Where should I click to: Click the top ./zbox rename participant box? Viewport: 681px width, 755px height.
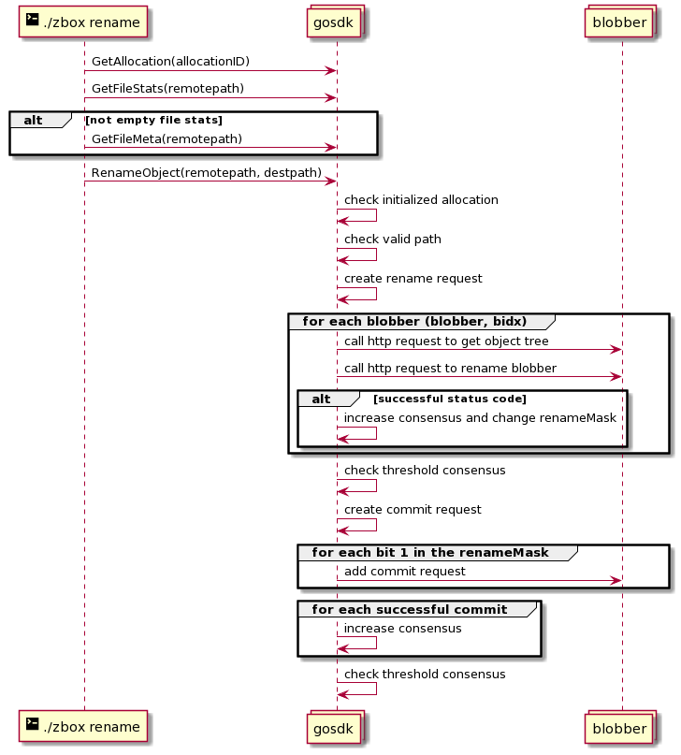tap(82, 22)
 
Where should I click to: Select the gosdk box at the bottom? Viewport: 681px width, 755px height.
tap(336, 728)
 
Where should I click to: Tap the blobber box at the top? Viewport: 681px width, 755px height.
tap(620, 22)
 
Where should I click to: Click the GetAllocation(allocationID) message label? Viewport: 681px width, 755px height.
tap(170, 62)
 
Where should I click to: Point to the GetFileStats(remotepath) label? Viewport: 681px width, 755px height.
tap(167, 89)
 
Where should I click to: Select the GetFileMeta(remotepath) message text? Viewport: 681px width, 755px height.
tap(167, 139)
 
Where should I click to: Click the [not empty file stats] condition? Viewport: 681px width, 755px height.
tap(154, 120)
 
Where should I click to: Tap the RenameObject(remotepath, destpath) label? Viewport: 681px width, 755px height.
tap(207, 173)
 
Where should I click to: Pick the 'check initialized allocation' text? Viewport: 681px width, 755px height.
tap(421, 200)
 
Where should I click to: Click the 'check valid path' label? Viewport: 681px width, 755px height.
tap(392, 240)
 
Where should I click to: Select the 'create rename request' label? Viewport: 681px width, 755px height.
tap(413, 279)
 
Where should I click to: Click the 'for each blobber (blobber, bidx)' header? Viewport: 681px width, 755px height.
tap(414, 321)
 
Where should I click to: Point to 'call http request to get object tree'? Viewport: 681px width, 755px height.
tap(446, 341)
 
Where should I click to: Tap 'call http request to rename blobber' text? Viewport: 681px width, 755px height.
tap(450, 369)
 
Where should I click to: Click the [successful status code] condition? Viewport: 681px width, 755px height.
tap(450, 399)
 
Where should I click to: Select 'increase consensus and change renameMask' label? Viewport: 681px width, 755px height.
tap(480, 418)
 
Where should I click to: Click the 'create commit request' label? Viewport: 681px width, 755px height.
tap(413, 510)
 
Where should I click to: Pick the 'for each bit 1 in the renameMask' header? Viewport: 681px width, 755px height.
tap(429, 552)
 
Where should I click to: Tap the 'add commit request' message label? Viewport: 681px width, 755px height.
tap(405, 572)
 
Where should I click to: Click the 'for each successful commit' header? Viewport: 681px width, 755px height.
tap(409, 610)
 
